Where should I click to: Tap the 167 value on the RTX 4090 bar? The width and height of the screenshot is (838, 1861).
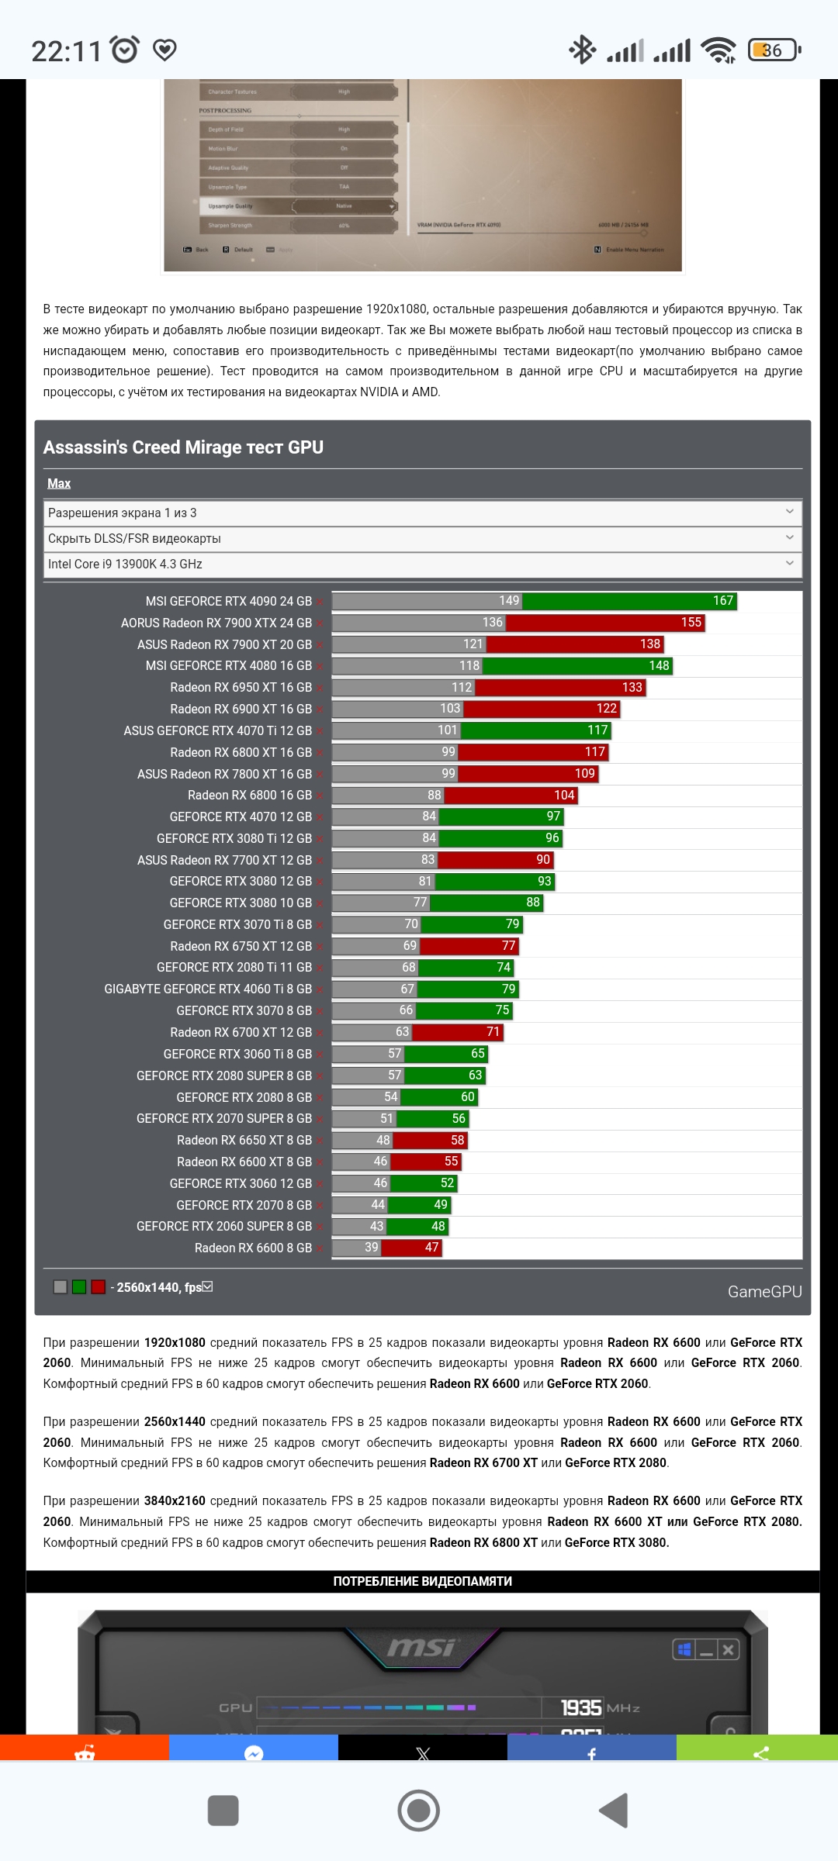click(x=722, y=601)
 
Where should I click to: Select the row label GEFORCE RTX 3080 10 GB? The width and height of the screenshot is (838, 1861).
click(x=241, y=903)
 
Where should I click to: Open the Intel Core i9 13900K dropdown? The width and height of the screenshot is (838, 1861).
click(x=422, y=565)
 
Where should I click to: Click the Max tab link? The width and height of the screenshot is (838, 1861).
click(x=59, y=484)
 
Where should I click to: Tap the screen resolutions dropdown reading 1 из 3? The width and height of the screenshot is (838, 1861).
click(x=422, y=513)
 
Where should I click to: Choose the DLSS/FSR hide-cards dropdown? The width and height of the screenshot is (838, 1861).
click(x=422, y=539)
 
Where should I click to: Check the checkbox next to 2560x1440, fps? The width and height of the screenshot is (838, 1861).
click(x=207, y=1286)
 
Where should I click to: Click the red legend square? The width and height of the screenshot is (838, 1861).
click(x=98, y=1287)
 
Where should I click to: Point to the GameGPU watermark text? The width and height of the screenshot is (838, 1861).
click(x=764, y=1292)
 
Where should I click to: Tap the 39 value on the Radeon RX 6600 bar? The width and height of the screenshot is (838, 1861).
click(x=372, y=1248)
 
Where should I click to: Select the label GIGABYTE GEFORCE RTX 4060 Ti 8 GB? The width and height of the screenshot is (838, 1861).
click(x=208, y=989)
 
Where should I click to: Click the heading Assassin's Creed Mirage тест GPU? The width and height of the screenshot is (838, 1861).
click(x=183, y=447)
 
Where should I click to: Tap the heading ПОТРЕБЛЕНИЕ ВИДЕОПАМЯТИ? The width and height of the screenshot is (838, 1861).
click(x=422, y=1581)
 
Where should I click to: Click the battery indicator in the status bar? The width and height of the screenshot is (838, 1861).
click(x=773, y=50)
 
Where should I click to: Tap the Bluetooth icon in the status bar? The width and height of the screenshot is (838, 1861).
click(x=582, y=50)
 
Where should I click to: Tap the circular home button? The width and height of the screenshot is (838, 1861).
click(x=419, y=1811)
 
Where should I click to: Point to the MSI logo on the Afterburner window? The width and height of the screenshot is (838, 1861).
click(x=421, y=1647)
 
